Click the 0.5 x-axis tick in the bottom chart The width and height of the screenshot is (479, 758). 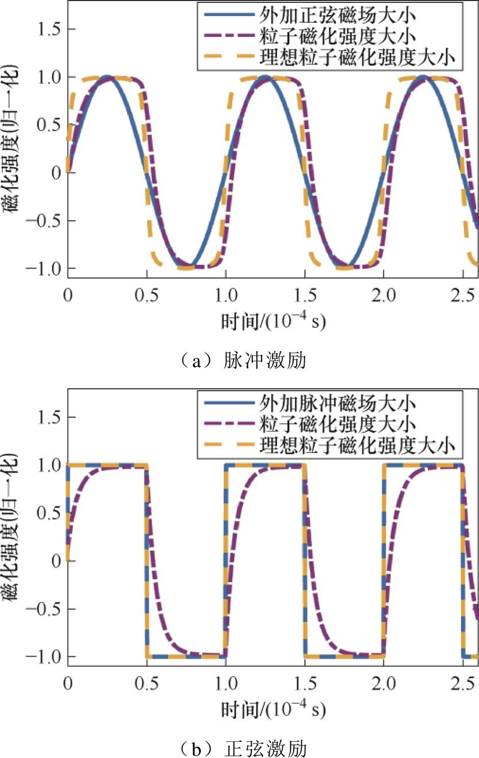tap(147, 683)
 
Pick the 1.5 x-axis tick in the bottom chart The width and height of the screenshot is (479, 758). tap(305, 683)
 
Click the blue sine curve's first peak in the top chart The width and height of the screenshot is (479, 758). tap(107, 76)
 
